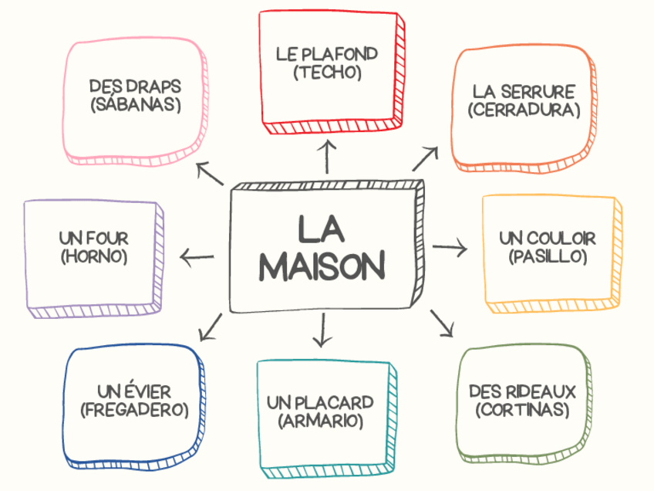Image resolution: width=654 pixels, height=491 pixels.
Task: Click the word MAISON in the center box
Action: coord(322,266)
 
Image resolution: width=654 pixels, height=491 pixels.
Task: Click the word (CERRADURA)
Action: coord(524,110)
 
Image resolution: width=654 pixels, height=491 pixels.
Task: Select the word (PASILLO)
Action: coord(548,256)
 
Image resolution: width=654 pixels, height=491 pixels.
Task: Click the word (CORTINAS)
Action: coord(524,409)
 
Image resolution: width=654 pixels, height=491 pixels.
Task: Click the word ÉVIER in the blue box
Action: coord(147,391)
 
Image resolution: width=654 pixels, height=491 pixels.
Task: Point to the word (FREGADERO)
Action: coord(135,410)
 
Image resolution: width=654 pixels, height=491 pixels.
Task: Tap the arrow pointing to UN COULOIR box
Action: coord(450,248)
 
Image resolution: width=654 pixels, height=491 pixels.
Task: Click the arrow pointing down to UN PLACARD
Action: coord(322,330)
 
